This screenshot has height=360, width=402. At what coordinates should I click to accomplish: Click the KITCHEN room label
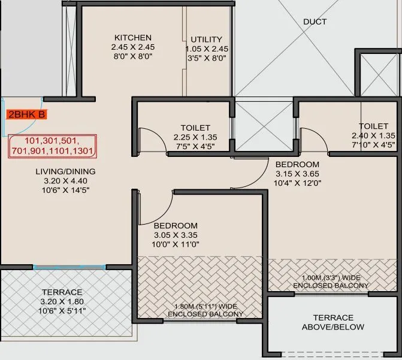pyautogui.click(x=132, y=37)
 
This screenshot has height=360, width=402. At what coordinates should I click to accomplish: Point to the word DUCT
pyautogui.click(x=315, y=22)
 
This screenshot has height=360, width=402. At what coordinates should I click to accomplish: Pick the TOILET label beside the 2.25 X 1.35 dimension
pyautogui.click(x=195, y=128)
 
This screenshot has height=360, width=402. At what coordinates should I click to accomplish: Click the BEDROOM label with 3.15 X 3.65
pyautogui.click(x=297, y=164)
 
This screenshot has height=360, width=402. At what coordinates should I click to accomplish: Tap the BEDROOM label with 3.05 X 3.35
pyautogui.click(x=176, y=225)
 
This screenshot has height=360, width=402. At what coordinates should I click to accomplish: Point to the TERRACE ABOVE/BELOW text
pyautogui.click(x=333, y=322)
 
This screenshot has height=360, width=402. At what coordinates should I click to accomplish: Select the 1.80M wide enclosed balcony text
pyautogui.click(x=205, y=310)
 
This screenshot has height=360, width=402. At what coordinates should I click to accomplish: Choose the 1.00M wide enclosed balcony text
pyautogui.click(x=331, y=282)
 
